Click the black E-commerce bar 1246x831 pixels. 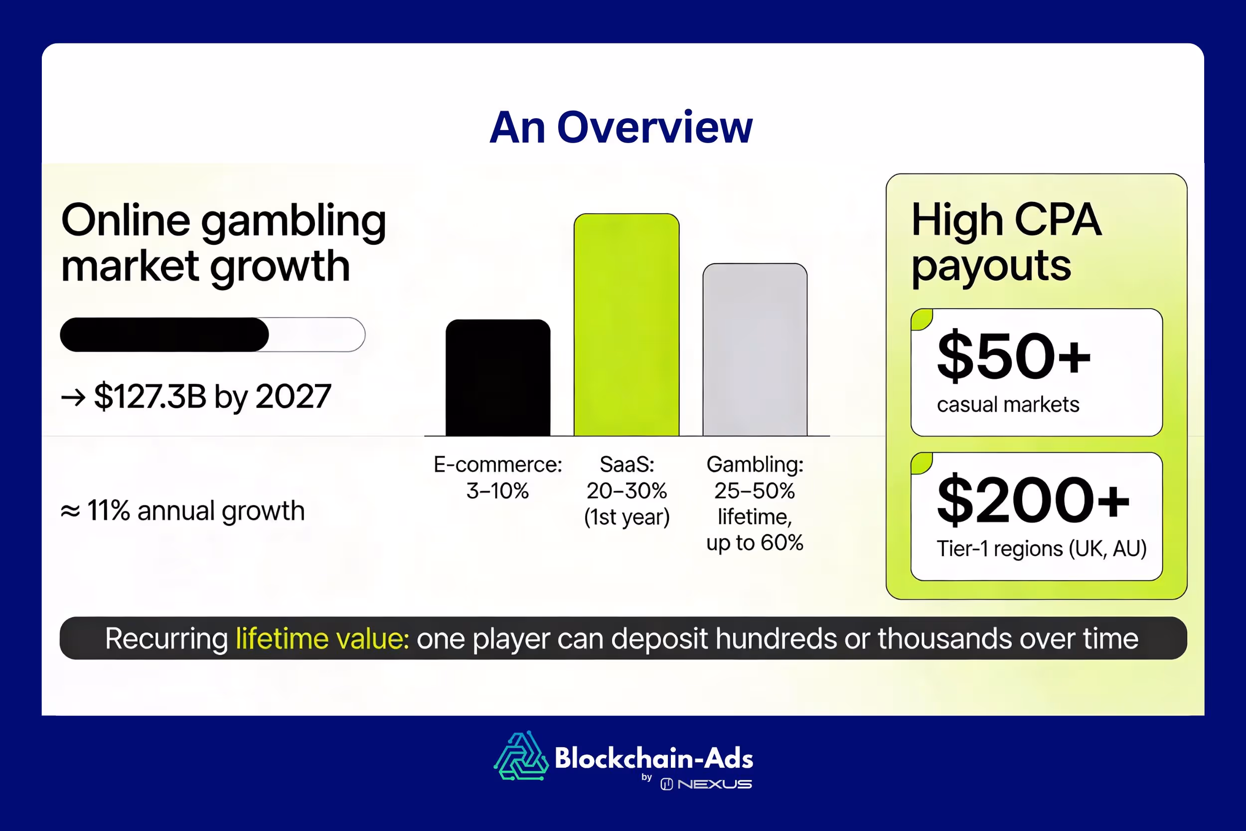(x=498, y=377)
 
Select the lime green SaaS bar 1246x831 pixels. (x=626, y=325)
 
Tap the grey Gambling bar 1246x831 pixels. (x=755, y=350)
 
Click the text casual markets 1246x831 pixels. (x=1008, y=405)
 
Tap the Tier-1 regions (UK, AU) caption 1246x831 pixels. (x=1041, y=548)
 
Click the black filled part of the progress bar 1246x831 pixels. (x=164, y=334)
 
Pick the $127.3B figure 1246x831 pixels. (x=150, y=396)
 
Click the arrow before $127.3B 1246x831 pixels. (x=73, y=397)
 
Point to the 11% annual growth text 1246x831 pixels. (x=183, y=511)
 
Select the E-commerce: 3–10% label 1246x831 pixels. (x=497, y=477)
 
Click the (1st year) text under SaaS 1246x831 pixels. (x=626, y=517)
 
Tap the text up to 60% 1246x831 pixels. (x=755, y=543)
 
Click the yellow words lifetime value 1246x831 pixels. (x=322, y=638)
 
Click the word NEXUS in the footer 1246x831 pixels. (x=714, y=784)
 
